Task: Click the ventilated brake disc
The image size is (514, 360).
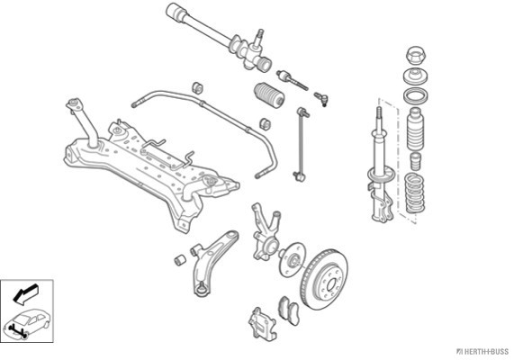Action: tap(324, 279)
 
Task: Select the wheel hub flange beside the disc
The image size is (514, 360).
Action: tap(292, 259)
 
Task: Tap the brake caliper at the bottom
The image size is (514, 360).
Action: tap(262, 323)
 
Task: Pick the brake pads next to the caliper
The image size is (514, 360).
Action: tap(289, 310)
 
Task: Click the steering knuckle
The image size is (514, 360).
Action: tap(266, 233)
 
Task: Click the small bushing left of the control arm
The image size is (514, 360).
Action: tap(180, 260)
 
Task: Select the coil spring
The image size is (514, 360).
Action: tap(415, 193)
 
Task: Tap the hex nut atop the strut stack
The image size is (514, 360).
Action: tap(415, 55)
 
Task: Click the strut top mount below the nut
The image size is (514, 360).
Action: tap(415, 77)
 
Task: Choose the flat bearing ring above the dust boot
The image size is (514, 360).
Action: tap(415, 95)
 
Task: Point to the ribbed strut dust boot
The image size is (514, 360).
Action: tap(415, 130)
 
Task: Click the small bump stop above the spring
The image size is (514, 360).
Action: tap(416, 161)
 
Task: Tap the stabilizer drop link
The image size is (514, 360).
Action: tap(301, 144)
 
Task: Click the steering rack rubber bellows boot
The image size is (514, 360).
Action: tap(269, 94)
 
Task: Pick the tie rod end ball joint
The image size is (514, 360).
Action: tap(321, 99)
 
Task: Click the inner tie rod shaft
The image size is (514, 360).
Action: tap(293, 80)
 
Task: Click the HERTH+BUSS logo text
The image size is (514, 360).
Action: tap(482, 352)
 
